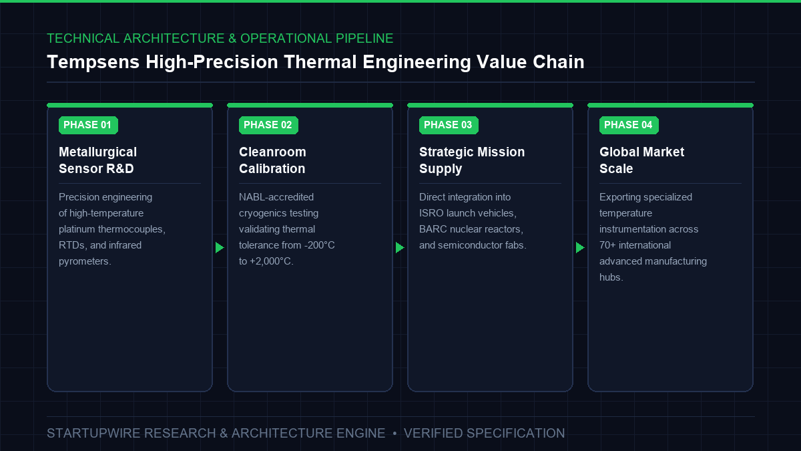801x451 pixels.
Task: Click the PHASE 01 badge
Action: (88, 126)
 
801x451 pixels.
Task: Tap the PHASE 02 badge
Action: (268, 126)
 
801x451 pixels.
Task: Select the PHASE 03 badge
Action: (449, 126)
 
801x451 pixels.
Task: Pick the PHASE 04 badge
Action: (629, 126)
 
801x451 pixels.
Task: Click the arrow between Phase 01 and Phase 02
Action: (220, 247)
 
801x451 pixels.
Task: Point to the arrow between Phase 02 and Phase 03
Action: (400, 247)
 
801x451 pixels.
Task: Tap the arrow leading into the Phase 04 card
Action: (580, 247)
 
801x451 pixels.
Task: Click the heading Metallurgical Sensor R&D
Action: (97, 160)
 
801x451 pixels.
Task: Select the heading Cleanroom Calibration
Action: (272, 160)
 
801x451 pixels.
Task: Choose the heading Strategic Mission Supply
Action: (472, 160)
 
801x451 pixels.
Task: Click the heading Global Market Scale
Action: (642, 160)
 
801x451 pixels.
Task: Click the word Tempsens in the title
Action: (93, 62)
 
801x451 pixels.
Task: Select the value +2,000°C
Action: (272, 262)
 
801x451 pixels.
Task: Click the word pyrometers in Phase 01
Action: (85, 262)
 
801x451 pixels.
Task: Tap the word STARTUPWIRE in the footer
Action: (93, 434)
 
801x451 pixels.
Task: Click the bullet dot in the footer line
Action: (394, 434)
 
